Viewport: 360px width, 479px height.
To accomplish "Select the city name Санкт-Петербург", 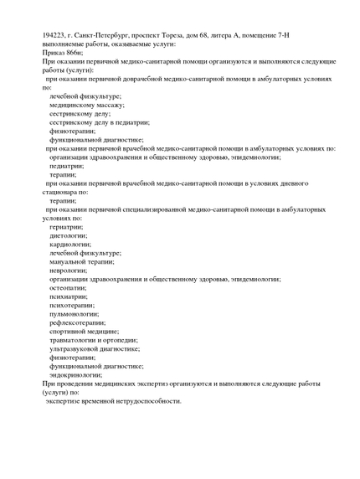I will coord(109,35).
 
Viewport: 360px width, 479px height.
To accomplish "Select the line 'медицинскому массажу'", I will coord(86,106).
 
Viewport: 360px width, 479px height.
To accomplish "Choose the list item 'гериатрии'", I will coord(66,227).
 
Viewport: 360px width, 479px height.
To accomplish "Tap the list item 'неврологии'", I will coord(68,270).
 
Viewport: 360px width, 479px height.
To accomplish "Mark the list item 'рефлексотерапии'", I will coord(77,322).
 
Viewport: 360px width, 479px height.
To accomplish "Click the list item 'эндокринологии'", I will coord(76,375).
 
